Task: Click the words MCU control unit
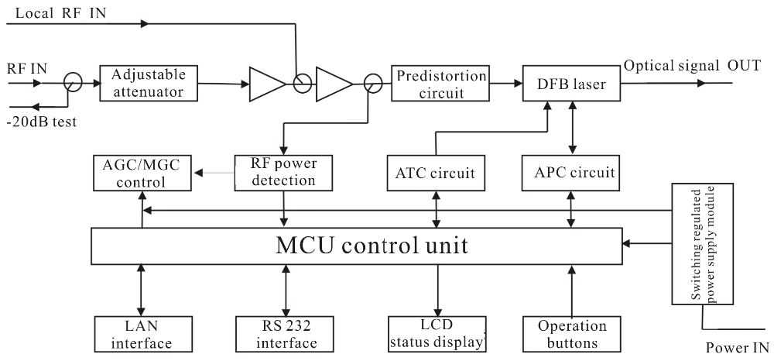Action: click(x=372, y=246)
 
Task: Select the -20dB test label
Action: click(x=43, y=122)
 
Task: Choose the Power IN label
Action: click(x=737, y=349)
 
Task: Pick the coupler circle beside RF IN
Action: click(x=72, y=81)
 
